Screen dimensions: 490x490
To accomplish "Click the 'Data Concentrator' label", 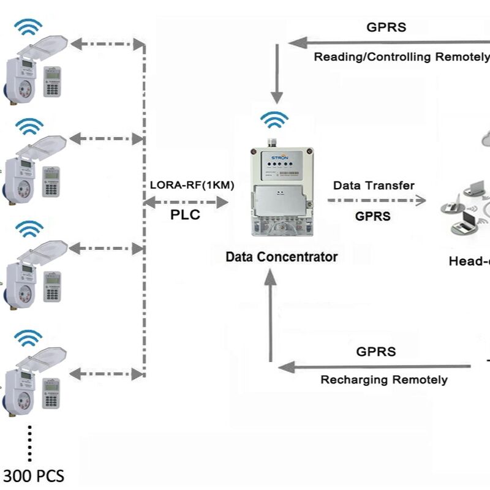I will pos(281,257).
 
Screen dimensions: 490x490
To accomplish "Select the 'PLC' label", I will pos(184,216).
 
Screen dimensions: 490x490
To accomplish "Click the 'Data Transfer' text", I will pos(374,186).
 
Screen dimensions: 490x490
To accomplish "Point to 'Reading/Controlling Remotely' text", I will pos(401,57).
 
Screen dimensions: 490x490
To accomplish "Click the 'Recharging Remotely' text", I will pos(384,380).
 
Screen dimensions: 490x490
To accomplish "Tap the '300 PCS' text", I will pos(34,476).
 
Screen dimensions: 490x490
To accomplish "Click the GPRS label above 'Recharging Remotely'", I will pos(376,352).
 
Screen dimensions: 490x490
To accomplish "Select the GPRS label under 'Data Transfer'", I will pos(373,216).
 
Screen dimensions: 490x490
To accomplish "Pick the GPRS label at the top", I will pos(386,27).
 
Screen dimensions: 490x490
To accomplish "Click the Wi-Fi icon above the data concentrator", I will pos(274,119).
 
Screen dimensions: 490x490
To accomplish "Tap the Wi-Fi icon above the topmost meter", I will pos(29,28).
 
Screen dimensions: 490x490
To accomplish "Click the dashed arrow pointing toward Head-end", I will pos(376,200).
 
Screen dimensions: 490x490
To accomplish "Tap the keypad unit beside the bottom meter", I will pos(51,391).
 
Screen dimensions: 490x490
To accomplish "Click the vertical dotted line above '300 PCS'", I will pos(29,442).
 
